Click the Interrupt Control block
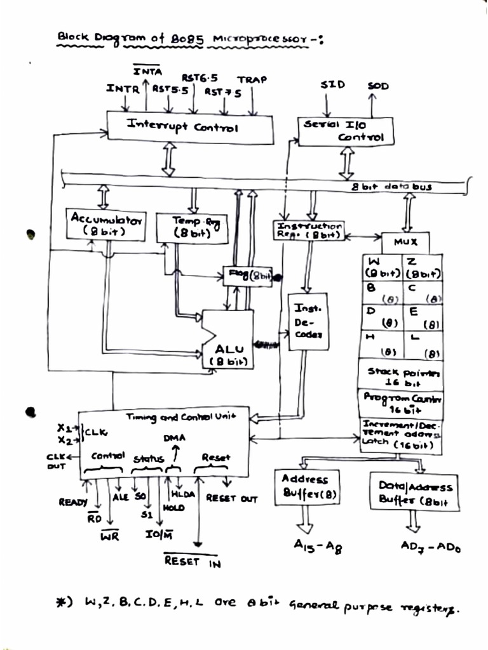[x=189, y=127]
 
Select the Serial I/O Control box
[x=345, y=131]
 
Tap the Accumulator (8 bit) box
[x=106, y=224]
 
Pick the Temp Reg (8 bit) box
[x=192, y=227]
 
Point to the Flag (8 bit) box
[x=248, y=275]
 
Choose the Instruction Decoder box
[x=308, y=321]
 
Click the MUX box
[x=405, y=242]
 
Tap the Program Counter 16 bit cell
[x=400, y=403]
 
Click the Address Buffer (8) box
[x=306, y=487]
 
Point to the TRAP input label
[x=252, y=80]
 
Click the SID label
[x=332, y=84]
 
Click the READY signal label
[x=73, y=502]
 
